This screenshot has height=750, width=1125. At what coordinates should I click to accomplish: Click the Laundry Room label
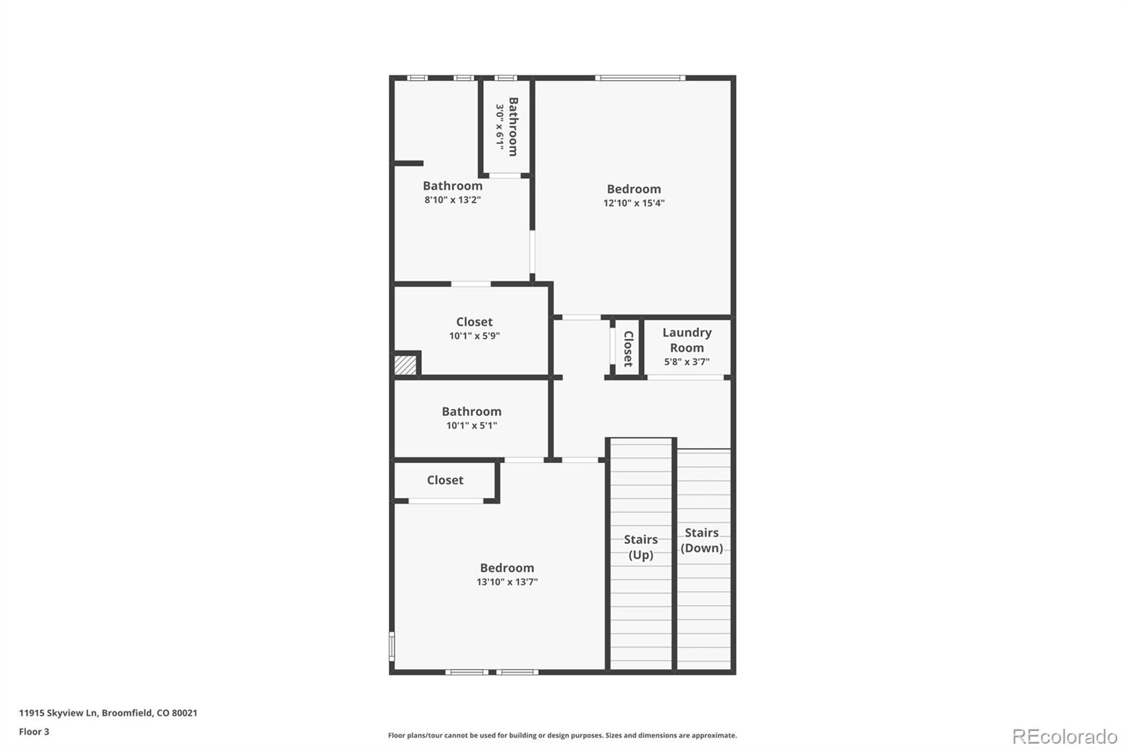pyautogui.click(x=686, y=340)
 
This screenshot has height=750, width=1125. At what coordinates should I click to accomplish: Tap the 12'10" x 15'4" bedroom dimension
pyautogui.click(x=634, y=203)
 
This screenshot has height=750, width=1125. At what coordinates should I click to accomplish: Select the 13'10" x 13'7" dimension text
pyautogui.click(x=506, y=582)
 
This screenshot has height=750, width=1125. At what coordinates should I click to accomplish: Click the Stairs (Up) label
pyautogui.click(x=641, y=547)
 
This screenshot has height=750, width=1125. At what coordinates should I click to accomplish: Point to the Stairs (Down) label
pyautogui.click(x=702, y=540)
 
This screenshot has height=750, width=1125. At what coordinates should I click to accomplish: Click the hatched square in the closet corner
pyautogui.click(x=405, y=364)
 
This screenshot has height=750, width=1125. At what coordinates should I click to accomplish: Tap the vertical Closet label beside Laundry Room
pyautogui.click(x=628, y=349)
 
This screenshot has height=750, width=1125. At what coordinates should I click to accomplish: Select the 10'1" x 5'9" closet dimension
pyautogui.click(x=474, y=336)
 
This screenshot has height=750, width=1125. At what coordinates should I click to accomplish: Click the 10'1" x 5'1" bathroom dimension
pyautogui.click(x=471, y=426)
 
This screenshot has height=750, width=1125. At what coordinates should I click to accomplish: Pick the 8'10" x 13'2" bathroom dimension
pyautogui.click(x=452, y=200)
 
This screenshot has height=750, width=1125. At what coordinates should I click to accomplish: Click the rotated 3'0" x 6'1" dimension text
pyautogui.click(x=499, y=127)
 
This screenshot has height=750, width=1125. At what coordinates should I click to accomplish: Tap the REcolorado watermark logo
pyautogui.click(x=1064, y=737)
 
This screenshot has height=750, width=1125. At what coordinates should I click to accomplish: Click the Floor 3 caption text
pyautogui.click(x=34, y=732)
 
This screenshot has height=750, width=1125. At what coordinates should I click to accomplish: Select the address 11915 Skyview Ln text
pyautogui.click(x=108, y=713)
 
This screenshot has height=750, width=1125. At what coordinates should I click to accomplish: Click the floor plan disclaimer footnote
pyautogui.click(x=562, y=735)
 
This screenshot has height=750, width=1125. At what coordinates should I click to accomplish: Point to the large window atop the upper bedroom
pyautogui.click(x=640, y=78)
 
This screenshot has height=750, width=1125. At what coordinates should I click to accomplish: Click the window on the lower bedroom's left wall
pyautogui.click(x=392, y=646)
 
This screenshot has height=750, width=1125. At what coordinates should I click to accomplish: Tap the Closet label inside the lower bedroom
pyautogui.click(x=444, y=481)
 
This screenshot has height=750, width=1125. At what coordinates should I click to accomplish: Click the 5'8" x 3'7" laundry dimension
pyautogui.click(x=686, y=362)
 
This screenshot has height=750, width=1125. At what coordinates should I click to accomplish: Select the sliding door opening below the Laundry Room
pyautogui.click(x=685, y=378)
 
